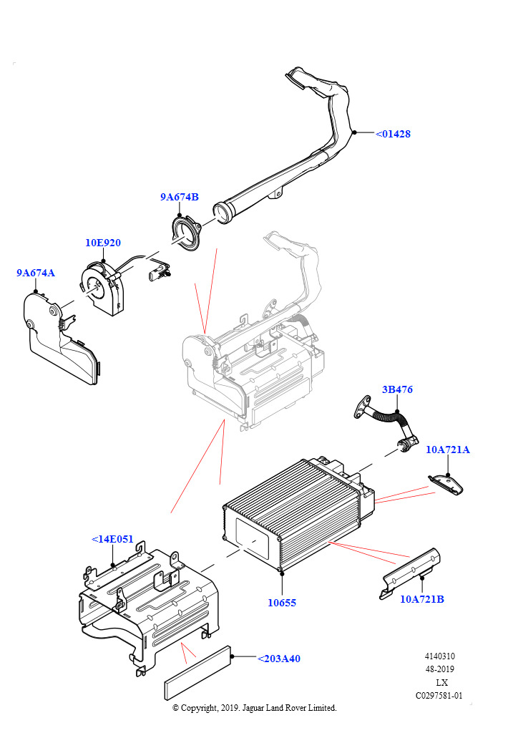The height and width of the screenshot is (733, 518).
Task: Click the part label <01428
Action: click(394, 134)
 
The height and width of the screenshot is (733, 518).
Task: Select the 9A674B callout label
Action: click(180, 197)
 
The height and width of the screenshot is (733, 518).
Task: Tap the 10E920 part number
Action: click(103, 243)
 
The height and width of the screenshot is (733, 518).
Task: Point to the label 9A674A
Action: click(36, 273)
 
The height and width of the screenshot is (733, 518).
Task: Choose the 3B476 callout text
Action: click(397, 389)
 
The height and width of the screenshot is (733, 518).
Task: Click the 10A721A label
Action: click(447, 450)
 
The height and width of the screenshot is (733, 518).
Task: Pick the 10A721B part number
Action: click(422, 599)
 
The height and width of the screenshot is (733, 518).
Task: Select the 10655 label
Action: click(282, 603)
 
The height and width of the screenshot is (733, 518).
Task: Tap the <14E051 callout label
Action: click(112, 539)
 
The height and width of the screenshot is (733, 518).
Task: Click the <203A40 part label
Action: click(279, 659)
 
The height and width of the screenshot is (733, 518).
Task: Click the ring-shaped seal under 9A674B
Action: click(185, 233)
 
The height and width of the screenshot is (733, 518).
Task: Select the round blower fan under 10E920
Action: click(104, 288)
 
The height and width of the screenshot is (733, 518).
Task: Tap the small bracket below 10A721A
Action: click(446, 484)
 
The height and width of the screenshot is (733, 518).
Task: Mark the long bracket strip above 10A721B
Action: click(410, 573)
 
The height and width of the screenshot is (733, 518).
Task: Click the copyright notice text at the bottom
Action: click(255, 708)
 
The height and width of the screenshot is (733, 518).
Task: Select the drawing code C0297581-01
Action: click(439, 696)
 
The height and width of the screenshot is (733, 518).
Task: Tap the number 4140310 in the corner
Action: click(439, 656)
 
